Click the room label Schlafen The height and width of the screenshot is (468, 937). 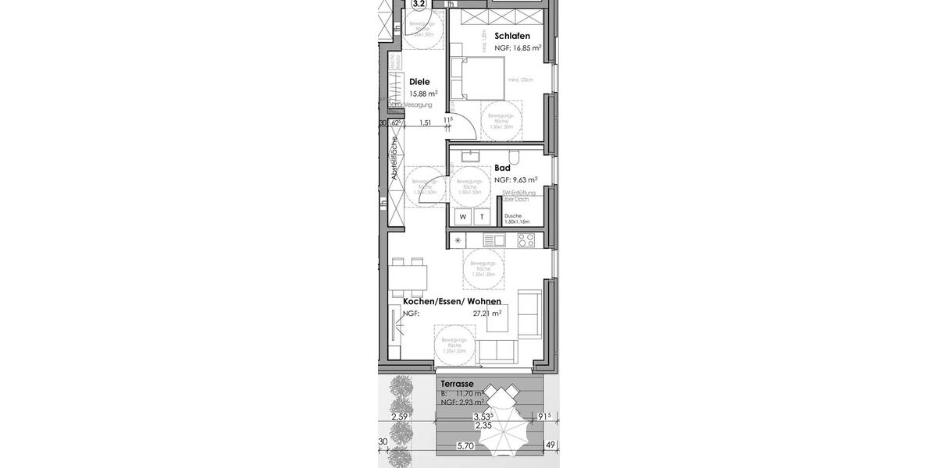[512, 36]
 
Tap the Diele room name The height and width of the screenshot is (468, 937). [420, 81]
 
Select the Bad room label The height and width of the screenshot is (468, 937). [502, 168]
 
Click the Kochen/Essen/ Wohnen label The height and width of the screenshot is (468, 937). [451, 301]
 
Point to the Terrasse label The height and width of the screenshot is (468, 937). [456, 385]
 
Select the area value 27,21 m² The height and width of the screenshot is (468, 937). [486, 314]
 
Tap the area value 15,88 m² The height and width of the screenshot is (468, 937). [423, 94]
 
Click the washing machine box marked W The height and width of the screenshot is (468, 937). [463, 217]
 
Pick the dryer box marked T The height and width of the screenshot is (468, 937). [482, 217]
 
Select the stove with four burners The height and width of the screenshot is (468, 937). [526, 240]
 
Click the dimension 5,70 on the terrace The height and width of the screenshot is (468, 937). [466, 446]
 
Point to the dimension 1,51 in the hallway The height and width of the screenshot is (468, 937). [426, 122]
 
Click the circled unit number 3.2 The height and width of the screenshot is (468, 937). [419, 4]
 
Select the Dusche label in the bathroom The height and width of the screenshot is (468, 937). [513, 216]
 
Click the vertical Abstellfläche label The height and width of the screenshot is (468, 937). [395, 160]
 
